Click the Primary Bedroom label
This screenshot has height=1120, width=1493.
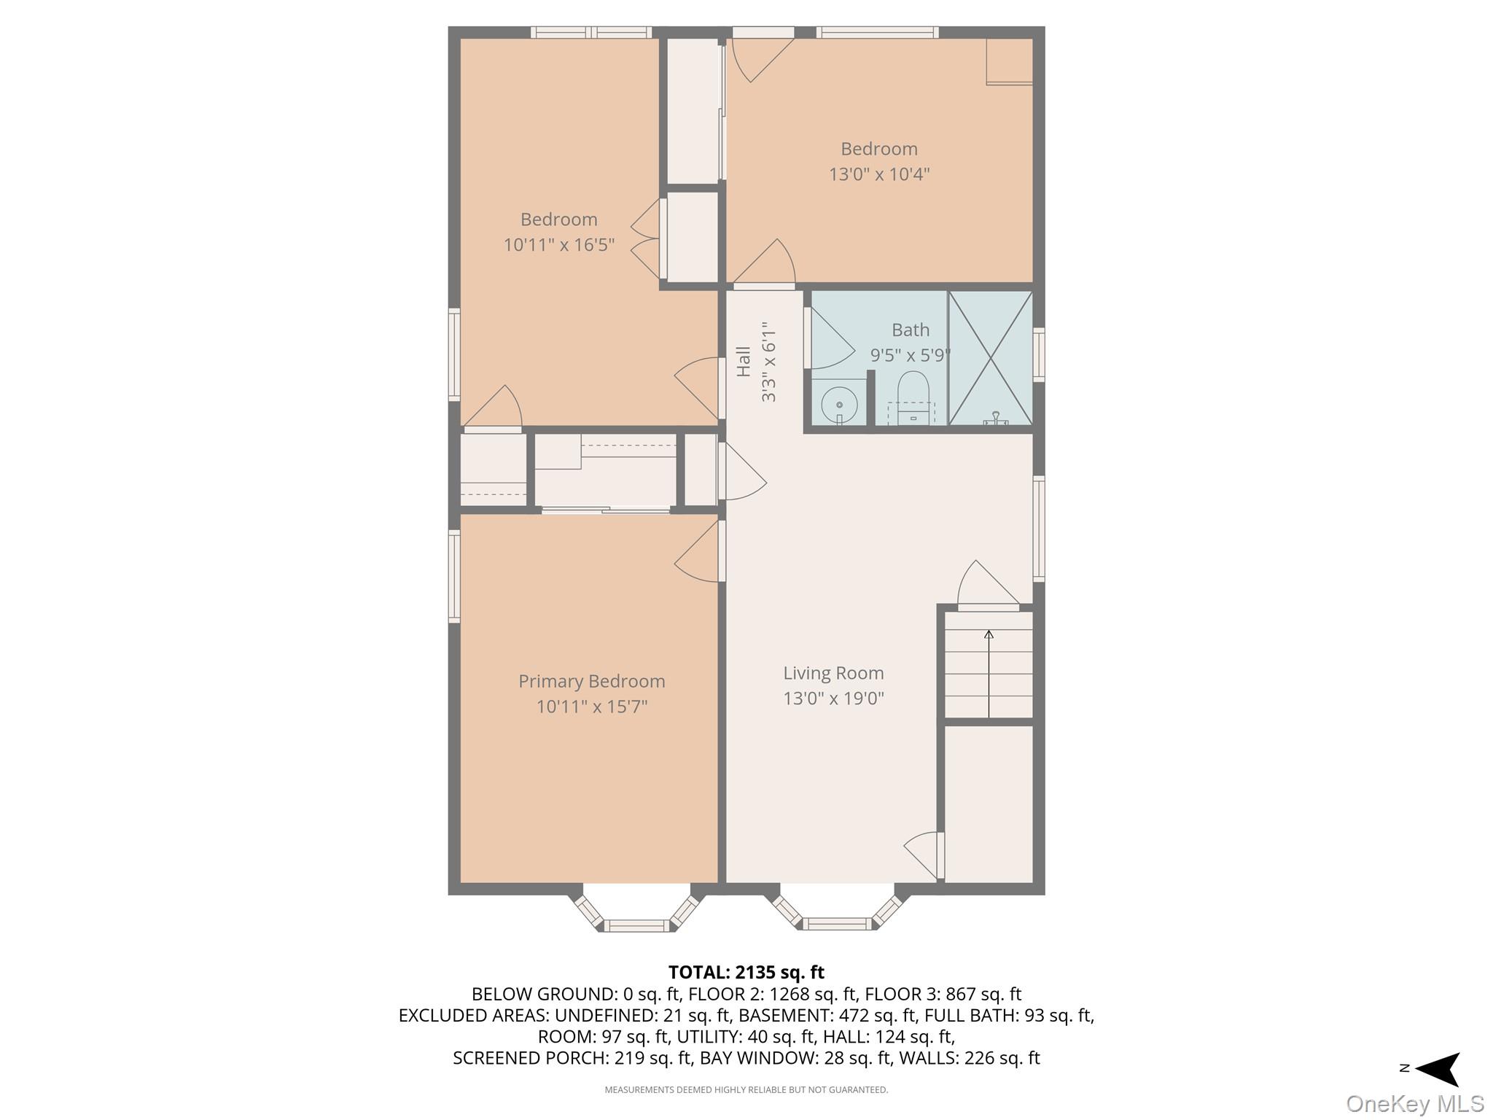click(x=591, y=681)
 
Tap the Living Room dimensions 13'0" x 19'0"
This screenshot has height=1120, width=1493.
click(x=833, y=699)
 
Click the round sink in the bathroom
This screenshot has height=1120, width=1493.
click(x=839, y=404)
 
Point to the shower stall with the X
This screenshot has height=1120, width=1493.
click(x=990, y=358)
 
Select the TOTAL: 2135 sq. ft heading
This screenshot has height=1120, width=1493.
click(x=746, y=972)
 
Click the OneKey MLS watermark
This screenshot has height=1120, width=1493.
click(x=1414, y=1103)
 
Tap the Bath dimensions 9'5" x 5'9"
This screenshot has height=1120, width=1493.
click(x=911, y=355)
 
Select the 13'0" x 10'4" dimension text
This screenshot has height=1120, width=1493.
click(x=878, y=174)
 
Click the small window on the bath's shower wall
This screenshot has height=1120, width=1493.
click(x=1039, y=355)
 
